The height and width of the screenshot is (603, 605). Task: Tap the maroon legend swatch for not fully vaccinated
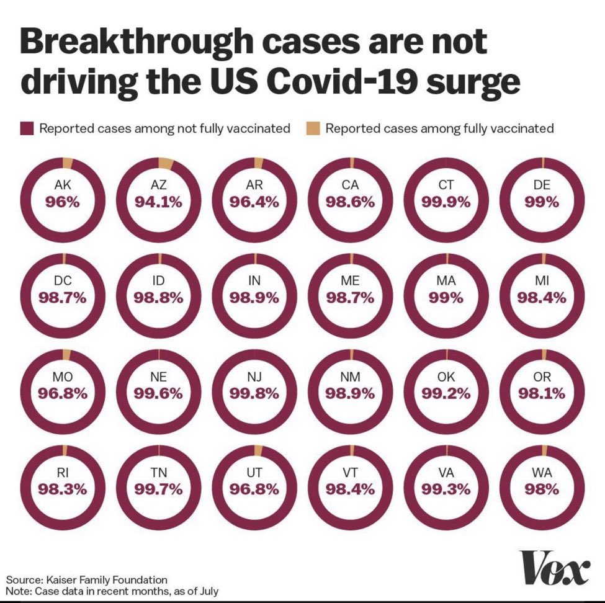[x=26, y=129]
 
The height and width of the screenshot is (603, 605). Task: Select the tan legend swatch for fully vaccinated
[x=312, y=129]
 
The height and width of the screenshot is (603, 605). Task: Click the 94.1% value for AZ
[x=159, y=202]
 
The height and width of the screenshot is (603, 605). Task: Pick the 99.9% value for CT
[x=446, y=202]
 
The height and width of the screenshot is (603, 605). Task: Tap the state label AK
[x=63, y=185]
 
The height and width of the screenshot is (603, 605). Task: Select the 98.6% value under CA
[x=351, y=202]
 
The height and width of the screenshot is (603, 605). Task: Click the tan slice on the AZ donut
[x=166, y=163]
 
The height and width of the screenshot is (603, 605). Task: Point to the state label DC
[x=63, y=281]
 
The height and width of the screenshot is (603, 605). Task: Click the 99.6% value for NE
[x=159, y=393]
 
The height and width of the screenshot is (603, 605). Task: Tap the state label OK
[x=446, y=377]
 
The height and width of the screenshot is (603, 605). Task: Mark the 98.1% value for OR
[x=542, y=393]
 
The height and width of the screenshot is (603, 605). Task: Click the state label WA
[x=542, y=472]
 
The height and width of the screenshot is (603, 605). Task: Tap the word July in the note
[x=206, y=591]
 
